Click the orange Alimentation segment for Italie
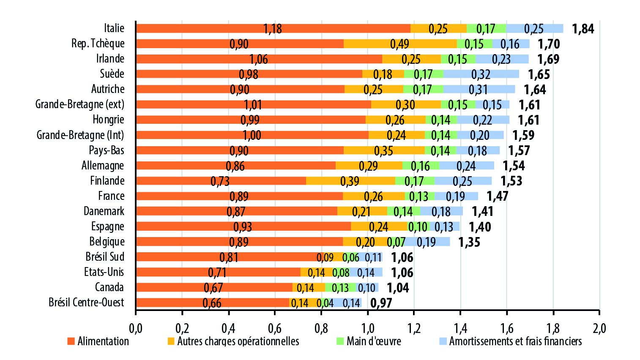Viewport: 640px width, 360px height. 273,28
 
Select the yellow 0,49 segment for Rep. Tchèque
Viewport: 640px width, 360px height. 400,44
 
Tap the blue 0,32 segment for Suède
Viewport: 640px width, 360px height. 481,74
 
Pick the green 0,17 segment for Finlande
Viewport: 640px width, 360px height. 414,181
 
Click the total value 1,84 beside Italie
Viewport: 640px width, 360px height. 583,29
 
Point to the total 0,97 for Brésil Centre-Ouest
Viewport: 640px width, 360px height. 381,303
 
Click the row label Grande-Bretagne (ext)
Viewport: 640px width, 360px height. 80,104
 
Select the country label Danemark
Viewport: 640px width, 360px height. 104,211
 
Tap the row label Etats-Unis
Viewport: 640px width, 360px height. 104,272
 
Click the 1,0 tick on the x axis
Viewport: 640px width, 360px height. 368,328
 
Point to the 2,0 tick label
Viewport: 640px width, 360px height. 599,328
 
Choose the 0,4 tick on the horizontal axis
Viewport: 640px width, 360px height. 228,328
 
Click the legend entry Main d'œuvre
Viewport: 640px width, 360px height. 374,341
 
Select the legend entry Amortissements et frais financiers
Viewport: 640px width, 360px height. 515,341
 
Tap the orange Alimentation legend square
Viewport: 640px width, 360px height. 71,341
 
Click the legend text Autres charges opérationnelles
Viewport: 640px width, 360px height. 238,341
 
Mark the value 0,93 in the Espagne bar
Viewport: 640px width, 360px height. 243,226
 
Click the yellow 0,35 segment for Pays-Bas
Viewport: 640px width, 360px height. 384,150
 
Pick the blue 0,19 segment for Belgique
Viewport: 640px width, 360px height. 426,242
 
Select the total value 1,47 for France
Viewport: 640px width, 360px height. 497,196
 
